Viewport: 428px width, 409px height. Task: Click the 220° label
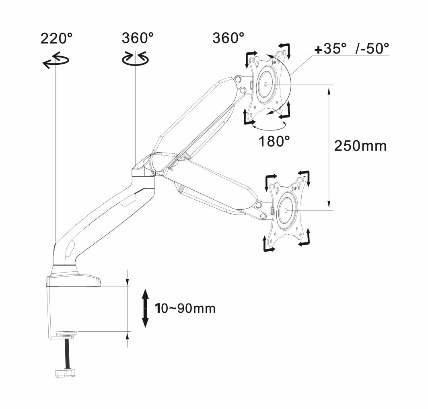56,39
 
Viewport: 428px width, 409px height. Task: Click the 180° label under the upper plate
275,142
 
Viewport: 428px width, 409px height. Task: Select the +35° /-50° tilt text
352,50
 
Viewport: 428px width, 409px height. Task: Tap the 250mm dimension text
360,146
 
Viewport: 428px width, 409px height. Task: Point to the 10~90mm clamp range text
185,308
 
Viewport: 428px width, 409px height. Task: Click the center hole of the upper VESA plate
266,85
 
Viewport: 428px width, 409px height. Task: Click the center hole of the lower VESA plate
286,211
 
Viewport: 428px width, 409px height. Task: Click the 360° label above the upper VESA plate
228,39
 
